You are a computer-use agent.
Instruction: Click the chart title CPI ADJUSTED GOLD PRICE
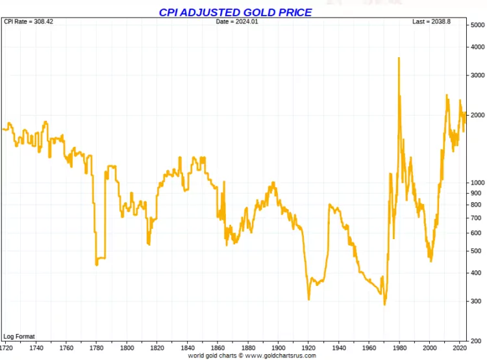tap(235, 12)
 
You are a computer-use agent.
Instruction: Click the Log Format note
tap(19, 337)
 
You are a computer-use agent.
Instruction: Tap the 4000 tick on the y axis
tap(477, 47)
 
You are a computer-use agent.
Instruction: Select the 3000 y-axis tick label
tap(477, 75)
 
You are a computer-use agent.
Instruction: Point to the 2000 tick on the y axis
tap(477, 115)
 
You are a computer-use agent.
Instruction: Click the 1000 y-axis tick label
tap(477, 183)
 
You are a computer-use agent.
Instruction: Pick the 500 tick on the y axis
tap(476, 251)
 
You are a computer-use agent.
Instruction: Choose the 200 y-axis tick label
tap(476, 341)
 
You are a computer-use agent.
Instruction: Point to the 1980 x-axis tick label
tap(399, 348)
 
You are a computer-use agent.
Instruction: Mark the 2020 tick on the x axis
tap(460, 348)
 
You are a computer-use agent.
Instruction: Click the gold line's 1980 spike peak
tap(398, 58)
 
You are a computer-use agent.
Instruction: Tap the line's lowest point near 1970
tap(384, 304)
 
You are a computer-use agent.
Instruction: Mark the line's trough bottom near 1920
tap(309, 300)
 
